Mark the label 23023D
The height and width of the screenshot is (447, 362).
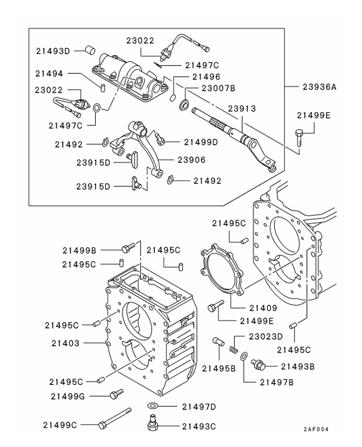[x=266, y=337]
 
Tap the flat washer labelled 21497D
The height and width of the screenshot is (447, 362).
[x=153, y=405]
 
